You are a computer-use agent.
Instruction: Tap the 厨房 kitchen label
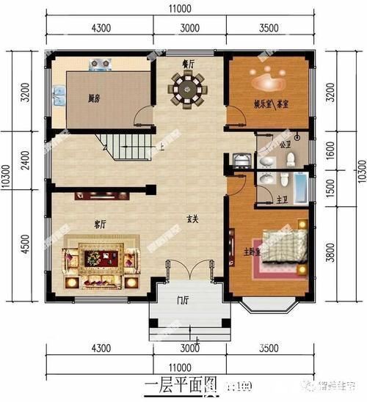pyautogui.click(x=93, y=98)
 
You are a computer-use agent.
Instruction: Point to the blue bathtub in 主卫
pyautogui.click(x=301, y=187)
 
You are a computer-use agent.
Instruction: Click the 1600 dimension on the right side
pyautogui.click(x=336, y=150)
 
